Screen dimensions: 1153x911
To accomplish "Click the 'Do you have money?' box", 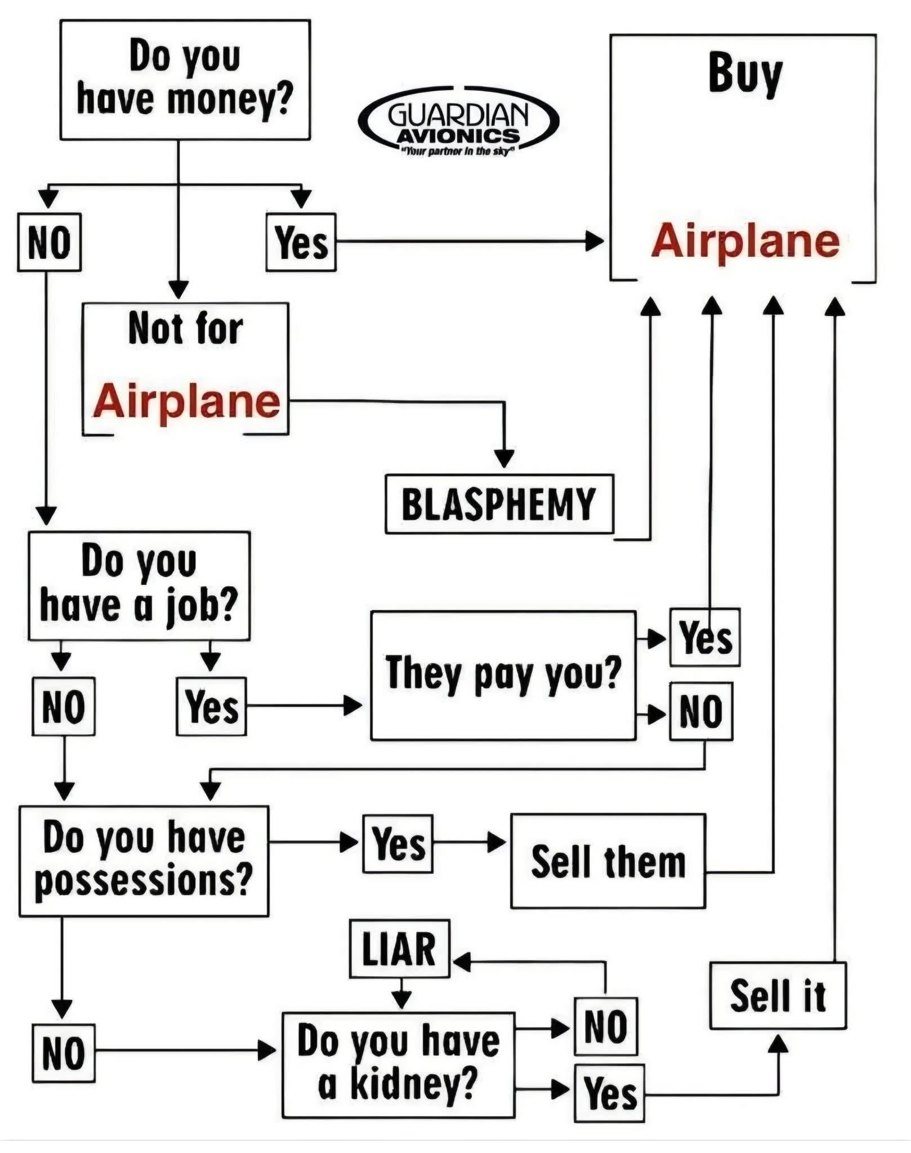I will coord(185,79).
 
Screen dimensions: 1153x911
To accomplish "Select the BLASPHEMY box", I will coord(499,504).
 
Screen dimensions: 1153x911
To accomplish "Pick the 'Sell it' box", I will coord(778,996).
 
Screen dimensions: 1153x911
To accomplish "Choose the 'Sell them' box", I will coord(608,861).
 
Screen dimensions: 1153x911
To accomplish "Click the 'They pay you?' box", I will coord(503,675).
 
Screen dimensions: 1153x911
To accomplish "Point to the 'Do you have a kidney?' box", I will coord(398,1065).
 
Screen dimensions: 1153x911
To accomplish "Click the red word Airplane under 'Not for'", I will coord(186,401).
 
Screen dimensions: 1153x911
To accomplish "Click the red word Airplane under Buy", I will coord(745,240).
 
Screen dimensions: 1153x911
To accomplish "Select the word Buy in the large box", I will coord(745,73).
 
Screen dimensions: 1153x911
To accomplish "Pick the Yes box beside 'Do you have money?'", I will coord(301,242).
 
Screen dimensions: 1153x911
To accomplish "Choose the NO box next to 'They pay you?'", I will coord(701,711).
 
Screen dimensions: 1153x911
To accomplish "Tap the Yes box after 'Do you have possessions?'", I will coord(398,843).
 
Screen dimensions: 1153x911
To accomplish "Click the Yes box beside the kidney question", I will coord(609,1093).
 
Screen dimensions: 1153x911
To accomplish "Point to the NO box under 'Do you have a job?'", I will coord(64,706).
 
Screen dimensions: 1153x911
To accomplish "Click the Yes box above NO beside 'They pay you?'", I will coord(704,637).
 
